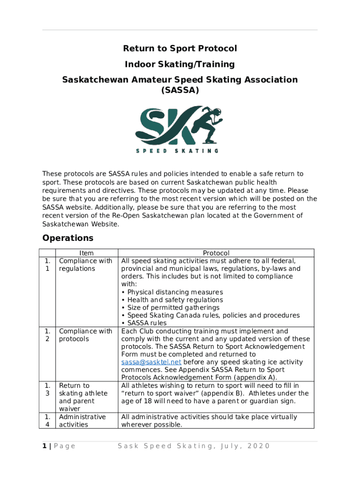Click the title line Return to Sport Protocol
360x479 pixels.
coord(180,49)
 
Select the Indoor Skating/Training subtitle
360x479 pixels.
coord(180,64)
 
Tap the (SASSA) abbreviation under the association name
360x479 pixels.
coord(180,90)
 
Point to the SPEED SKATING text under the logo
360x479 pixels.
coord(177,151)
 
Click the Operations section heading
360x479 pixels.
coord(68,238)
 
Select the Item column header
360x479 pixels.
coord(86,253)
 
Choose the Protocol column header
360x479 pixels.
coord(216,253)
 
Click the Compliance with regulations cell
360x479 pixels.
coord(85,265)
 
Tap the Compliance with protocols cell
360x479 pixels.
coord(85,335)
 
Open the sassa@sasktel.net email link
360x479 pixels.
coord(151,362)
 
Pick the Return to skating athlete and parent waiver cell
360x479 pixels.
coord(83,397)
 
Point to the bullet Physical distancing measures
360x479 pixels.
coord(172,292)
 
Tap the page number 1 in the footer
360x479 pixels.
coord(44,446)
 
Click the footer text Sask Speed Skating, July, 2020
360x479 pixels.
coord(194,446)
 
